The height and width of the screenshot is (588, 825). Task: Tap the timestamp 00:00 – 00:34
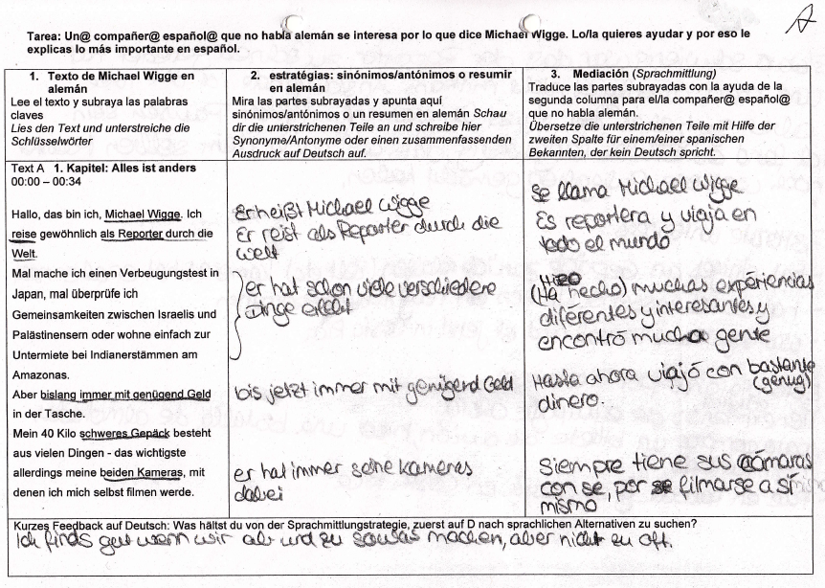[x=47, y=180]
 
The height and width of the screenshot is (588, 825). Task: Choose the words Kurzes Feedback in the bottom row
[x=51, y=524]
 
